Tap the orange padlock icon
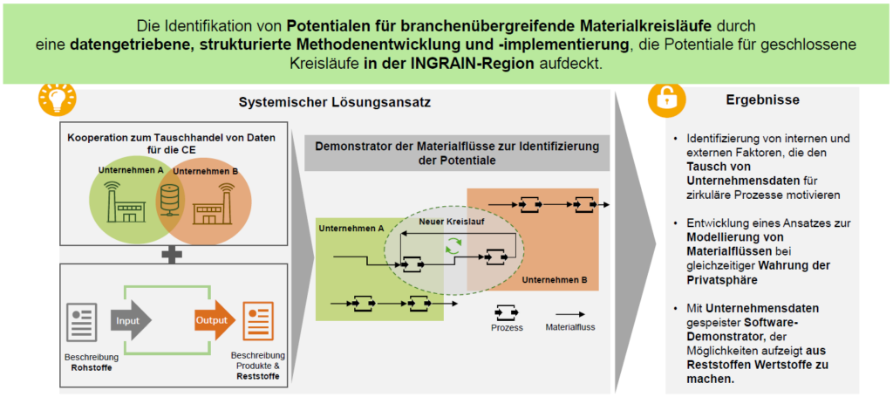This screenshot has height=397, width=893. pos(666,99)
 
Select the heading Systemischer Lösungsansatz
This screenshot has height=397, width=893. pos(335,102)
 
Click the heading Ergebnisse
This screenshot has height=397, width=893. pos(762,100)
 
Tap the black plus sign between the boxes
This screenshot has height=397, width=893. pos(174,254)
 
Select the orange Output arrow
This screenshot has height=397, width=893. pos(214,320)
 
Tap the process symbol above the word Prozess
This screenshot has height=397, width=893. pos(507,310)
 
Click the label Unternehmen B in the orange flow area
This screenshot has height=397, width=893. pos(554,282)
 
